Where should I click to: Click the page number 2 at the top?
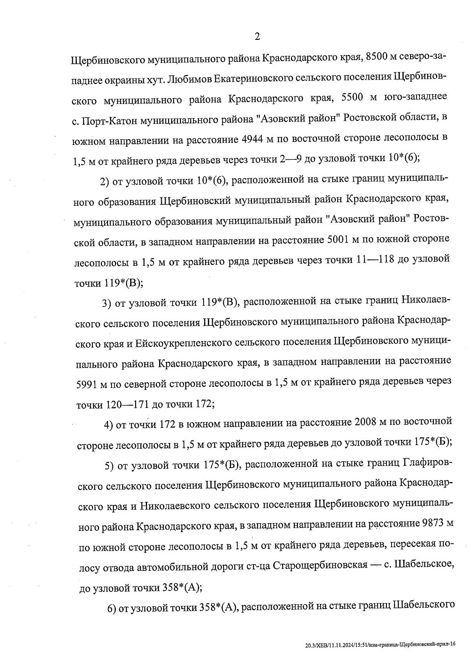[x=257, y=37]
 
